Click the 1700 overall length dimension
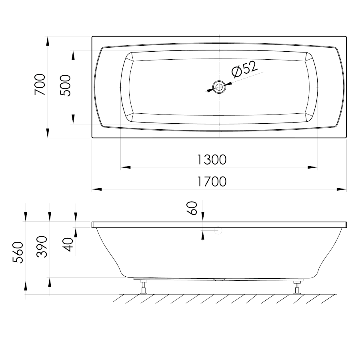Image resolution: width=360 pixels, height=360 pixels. click(x=212, y=182)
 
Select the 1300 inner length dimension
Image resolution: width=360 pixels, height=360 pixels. click(x=212, y=159)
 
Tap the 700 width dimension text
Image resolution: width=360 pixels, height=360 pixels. click(x=40, y=84)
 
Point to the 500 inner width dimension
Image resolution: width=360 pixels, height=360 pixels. click(x=65, y=85)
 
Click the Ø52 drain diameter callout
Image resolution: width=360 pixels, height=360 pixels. click(x=244, y=69)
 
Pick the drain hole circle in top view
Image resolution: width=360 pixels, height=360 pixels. click(x=219, y=87)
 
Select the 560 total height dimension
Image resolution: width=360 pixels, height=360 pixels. click(x=18, y=252)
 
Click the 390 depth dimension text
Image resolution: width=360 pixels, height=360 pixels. click(x=42, y=246)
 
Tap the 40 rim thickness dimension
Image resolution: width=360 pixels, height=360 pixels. click(x=68, y=244)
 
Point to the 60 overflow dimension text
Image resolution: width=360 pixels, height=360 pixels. click(x=192, y=208)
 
